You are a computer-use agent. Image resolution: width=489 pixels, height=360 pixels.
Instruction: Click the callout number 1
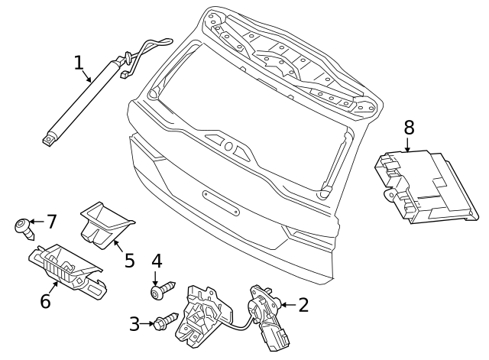click(x=79, y=62)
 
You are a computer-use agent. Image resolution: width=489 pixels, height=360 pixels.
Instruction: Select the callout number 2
click(x=303, y=306)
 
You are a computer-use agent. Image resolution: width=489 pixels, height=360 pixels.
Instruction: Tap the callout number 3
click(x=134, y=324)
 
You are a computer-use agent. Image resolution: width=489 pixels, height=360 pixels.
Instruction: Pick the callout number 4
click(x=157, y=261)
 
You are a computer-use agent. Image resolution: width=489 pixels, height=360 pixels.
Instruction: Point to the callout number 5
click(x=129, y=260)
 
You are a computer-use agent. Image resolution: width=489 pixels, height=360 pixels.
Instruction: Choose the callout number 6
click(x=45, y=301)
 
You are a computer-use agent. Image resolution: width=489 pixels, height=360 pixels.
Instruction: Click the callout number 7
click(x=52, y=222)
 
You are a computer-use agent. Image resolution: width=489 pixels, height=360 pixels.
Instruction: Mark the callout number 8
click(x=408, y=126)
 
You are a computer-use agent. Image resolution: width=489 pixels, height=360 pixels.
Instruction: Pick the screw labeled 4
click(x=161, y=291)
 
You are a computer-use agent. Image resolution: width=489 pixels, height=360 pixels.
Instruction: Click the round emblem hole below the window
click(x=228, y=146)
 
